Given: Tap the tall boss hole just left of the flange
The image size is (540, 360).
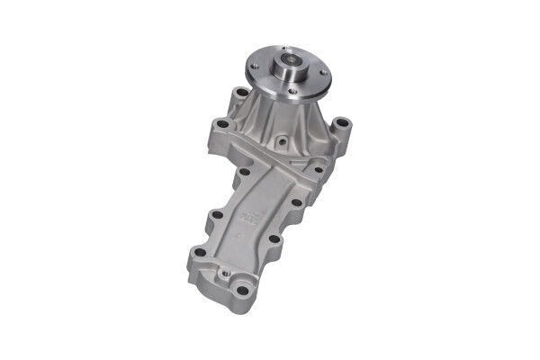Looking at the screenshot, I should tap(241, 93).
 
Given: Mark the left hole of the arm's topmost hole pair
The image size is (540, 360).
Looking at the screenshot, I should tap(243, 170).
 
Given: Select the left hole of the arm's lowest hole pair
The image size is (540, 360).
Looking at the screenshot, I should tap(196, 255).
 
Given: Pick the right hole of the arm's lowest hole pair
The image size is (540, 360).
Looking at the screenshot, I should tap(272, 240).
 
